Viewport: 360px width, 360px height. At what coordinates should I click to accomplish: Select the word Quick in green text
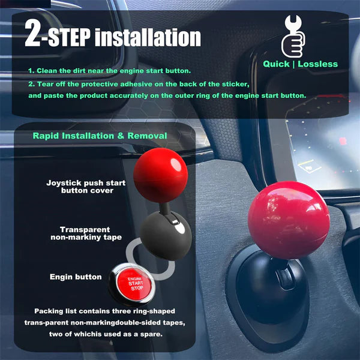(x=278, y=64)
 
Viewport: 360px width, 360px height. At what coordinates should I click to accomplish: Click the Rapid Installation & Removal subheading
(x=100, y=136)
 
